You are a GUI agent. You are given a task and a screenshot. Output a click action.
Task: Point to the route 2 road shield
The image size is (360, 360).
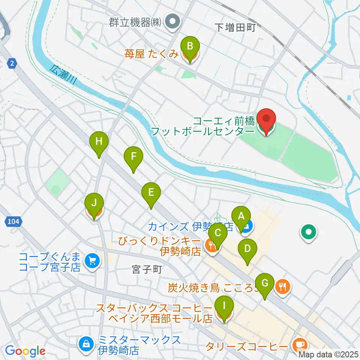(x=13, y=64)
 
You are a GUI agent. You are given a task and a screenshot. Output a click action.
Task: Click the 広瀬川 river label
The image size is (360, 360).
(x=61, y=77)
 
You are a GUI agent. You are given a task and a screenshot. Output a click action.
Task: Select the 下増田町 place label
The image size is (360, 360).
(x=235, y=27)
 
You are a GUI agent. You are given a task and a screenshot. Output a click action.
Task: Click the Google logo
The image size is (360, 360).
(x=25, y=351)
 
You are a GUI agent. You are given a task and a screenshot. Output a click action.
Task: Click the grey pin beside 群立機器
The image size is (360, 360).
(x=172, y=22)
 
